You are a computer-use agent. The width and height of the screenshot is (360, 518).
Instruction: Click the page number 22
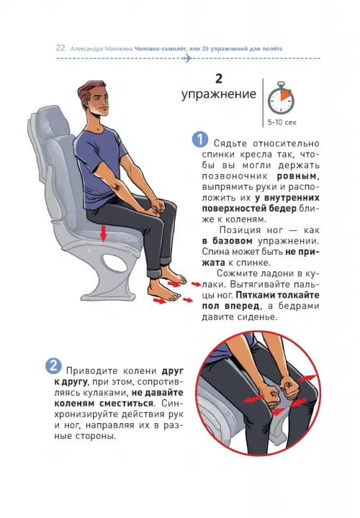point(60,48)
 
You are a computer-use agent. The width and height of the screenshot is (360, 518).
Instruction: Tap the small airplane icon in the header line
point(187,58)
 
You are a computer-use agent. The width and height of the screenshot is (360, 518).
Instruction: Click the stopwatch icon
point(281,98)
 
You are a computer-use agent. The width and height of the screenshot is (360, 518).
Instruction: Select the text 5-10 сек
point(282,122)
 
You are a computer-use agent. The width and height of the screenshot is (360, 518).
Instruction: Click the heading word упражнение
point(218,94)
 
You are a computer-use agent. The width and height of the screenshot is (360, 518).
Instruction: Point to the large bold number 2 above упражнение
point(218,78)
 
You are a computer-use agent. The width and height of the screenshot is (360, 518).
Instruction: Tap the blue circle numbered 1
point(200,140)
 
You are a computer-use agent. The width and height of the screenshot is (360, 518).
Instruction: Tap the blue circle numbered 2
point(53,365)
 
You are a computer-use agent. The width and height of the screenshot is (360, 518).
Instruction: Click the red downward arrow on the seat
point(104,234)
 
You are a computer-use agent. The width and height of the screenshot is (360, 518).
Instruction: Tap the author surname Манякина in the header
point(118,49)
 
